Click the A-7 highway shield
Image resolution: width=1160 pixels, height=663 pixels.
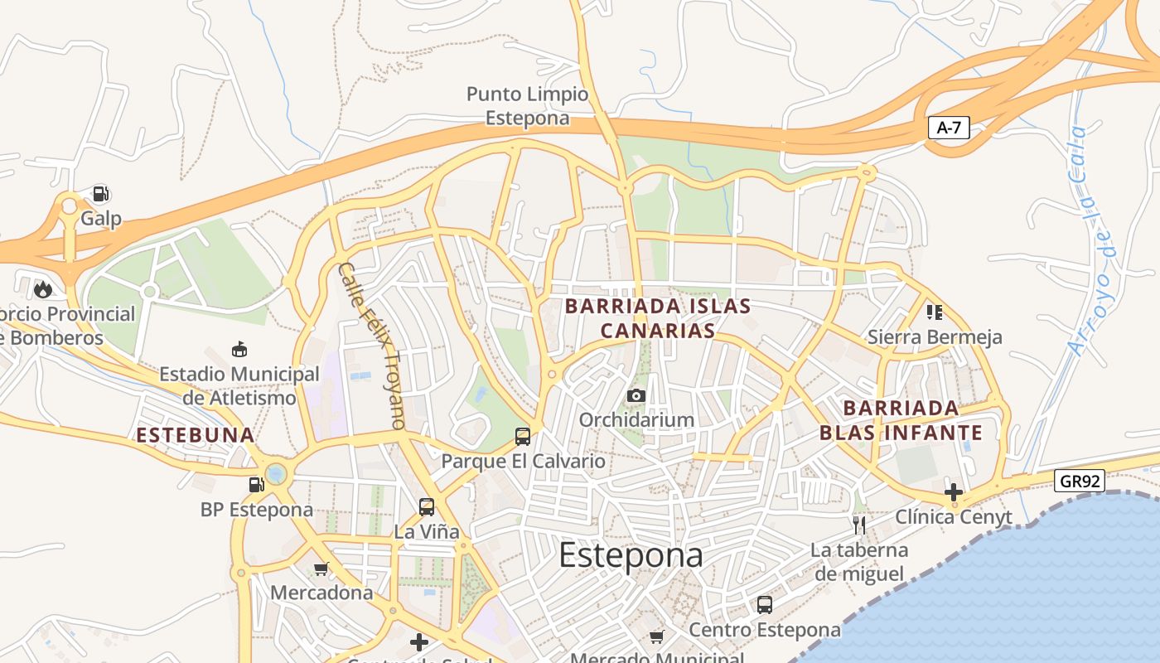pos(949,128)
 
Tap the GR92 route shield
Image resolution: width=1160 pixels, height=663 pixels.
pos(1080,481)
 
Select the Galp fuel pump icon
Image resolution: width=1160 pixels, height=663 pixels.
pos(100,194)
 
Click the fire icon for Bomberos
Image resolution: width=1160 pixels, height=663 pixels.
pos(43,289)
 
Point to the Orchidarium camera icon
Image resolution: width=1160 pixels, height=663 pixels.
pos(636,395)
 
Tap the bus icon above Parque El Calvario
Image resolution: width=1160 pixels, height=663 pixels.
pos(523,436)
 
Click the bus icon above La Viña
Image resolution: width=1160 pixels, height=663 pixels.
pos(427,506)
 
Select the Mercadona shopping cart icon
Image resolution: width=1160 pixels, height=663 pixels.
pos(321,569)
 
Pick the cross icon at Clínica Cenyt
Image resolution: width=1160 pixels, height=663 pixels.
pos(954,491)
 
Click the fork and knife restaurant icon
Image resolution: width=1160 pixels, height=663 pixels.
pos(859,525)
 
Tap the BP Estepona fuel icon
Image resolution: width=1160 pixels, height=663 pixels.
pos(256,485)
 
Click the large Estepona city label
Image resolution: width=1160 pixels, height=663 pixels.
pos(631,555)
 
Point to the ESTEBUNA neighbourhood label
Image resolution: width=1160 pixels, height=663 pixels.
pos(196,435)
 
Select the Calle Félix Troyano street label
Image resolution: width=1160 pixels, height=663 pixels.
pos(372,346)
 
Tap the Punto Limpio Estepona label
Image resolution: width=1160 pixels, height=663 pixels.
pos(528,106)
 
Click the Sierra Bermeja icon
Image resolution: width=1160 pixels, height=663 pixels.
pos(935,312)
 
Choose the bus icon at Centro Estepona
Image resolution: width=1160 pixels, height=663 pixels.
pos(765,605)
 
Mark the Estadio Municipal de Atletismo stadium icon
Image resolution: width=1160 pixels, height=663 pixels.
pos(239,350)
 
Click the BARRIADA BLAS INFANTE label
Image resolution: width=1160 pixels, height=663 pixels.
pos(901,420)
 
